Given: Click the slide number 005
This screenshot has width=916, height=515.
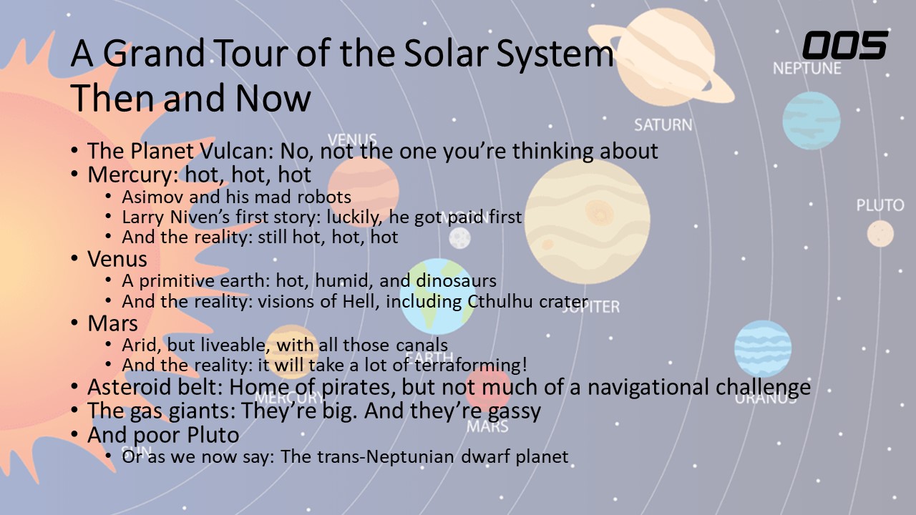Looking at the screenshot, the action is pos(845,45).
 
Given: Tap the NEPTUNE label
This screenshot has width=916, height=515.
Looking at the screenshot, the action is pos(807,68).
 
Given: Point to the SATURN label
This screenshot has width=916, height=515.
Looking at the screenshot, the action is pos(663,124).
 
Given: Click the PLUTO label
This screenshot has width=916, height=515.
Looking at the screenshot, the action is pos(880,205).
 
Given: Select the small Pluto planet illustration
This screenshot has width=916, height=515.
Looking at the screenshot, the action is pos(880,234).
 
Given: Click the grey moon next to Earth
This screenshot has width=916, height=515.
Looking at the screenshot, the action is pos(459,238).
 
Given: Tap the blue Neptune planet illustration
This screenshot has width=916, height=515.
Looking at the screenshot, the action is pos(812,121).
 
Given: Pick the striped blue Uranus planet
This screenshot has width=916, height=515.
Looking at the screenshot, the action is pos(763,348).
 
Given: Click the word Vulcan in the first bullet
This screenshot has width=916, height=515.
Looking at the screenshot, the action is pos(236,151).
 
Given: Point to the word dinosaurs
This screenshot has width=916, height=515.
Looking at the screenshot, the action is pos(456,281).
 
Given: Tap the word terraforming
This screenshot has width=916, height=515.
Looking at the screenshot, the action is pos(468,366).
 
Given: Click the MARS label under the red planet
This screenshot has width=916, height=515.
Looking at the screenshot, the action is pos(487,426).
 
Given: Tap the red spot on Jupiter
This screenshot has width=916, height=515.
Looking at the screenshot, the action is pos(599,212).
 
